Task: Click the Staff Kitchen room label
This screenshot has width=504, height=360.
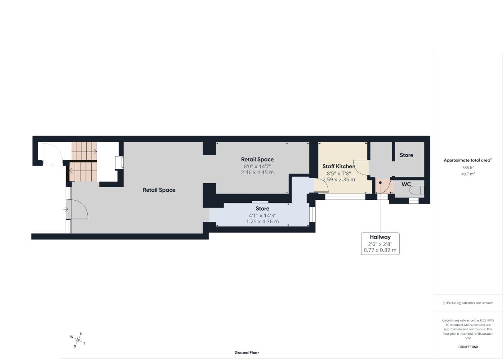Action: tap(339, 166)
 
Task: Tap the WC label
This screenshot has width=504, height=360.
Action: tap(406, 184)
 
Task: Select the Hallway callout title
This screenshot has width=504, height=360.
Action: tap(380, 237)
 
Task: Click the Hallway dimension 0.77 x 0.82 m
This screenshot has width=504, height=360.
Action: tap(380, 250)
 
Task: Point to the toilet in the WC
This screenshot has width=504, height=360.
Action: tap(417, 190)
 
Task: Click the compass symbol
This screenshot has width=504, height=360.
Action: tap(78, 340)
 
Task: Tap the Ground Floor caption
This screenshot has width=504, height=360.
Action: tap(246, 353)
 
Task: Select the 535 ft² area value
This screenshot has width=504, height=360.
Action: tap(468, 167)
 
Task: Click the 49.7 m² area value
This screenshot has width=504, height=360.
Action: tap(468, 174)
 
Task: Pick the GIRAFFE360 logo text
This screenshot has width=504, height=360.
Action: tap(468, 347)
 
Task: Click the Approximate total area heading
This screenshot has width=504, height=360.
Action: tap(468, 160)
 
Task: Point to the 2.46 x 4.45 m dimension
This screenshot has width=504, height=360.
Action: tap(258, 172)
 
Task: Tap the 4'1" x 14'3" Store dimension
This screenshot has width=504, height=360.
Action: tap(262, 216)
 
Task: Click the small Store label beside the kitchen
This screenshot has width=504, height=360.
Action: tap(406, 155)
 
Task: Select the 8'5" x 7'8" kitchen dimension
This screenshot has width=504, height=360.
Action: tap(339, 173)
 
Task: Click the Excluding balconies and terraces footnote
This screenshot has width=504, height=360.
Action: tap(468, 303)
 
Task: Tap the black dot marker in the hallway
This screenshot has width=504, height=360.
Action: tap(380, 183)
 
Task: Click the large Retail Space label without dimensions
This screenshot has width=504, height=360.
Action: tap(159, 190)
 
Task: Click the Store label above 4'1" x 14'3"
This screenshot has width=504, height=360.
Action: tap(262, 208)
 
